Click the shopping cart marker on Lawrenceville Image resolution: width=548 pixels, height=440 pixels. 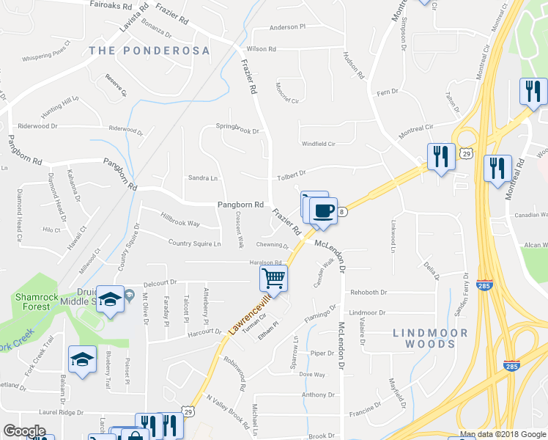tap(273, 278)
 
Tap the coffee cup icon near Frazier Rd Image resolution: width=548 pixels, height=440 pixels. tap(323, 211)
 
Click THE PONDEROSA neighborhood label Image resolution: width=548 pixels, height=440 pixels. tap(149, 51)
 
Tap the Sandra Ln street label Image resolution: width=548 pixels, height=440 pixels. tap(203, 178)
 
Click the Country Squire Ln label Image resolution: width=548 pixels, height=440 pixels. tap(194, 243)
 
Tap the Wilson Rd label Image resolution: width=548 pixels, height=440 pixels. tap(262, 49)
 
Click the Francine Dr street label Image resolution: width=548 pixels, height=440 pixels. tap(366, 404)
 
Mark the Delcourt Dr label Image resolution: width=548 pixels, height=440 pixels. tap(160, 282)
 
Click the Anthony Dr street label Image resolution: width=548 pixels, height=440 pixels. tap(319, 395)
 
